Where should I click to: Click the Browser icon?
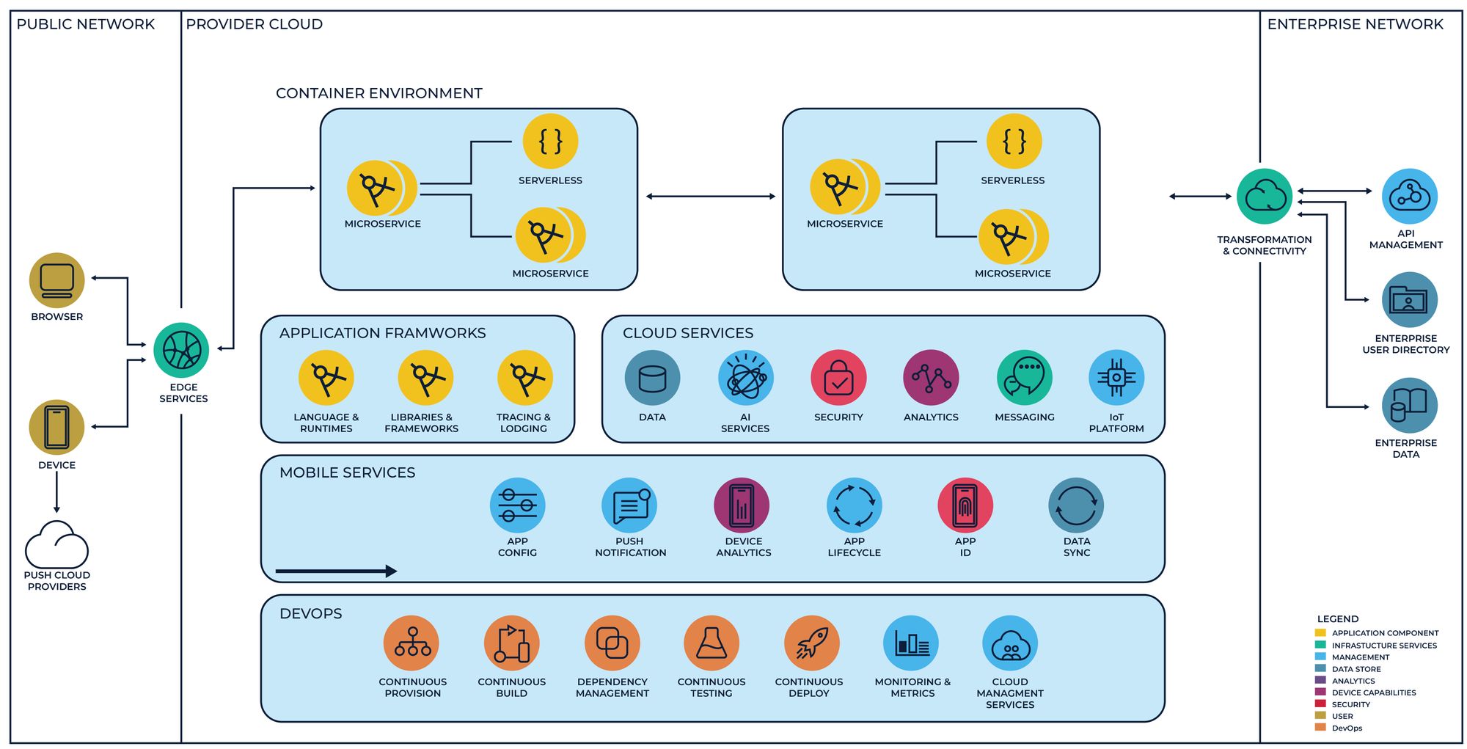[x=56, y=280]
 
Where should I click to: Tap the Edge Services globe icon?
[x=181, y=350]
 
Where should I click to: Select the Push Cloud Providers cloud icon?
[x=56, y=546]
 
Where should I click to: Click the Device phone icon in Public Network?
[x=56, y=427]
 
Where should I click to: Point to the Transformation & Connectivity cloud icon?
[x=1264, y=196]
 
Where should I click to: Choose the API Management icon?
[x=1408, y=196]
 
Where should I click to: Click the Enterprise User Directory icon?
[x=1408, y=299]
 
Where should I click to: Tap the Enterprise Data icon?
[x=1408, y=405]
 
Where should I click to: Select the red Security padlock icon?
[x=838, y=378]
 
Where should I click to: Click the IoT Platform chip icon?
[x=1116, y=378]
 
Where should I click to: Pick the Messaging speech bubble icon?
[x=1024, y=378]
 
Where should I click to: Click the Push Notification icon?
[x=629, y=505]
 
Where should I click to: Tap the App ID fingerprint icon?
[x=965, y=505]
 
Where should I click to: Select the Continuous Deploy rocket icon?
[x=811, y=643]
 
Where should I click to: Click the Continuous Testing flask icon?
[x=711, y=643]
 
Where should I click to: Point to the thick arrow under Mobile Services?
[x=336, y=571]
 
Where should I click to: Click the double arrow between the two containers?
[x=710, y=196]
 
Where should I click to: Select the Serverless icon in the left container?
[x=550, y=141]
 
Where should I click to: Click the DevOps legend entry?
[x=1347, y=728]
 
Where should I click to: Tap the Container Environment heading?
[x=378, y=93]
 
